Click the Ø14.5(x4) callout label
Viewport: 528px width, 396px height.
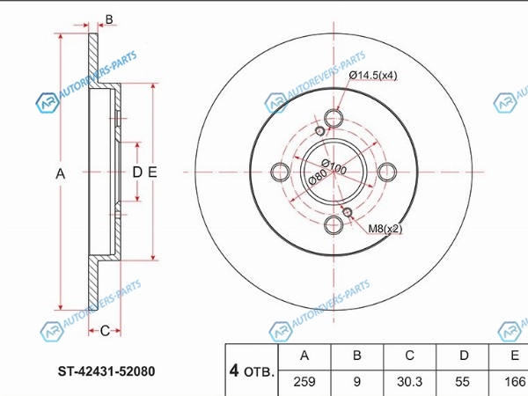(x=373, y=75)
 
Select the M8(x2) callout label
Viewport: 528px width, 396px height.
(x=385, y=229)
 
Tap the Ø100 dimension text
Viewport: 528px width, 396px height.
(x=334, y=166)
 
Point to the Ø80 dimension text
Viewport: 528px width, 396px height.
(x=317, y=177)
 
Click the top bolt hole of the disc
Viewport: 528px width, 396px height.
(x=334, y=118)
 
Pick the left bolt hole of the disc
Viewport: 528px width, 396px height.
(x=280, y=172)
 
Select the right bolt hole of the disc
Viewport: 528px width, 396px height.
(x=387, y=172)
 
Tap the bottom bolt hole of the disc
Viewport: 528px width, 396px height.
(x=334, y=225)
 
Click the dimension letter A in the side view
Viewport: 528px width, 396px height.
(x=60, y=174)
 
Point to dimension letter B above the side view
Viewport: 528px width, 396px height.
(x=109, y=19)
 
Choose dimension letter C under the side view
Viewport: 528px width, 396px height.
(x=105, y=331)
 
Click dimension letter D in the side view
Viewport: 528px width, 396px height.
(x=137, y=172)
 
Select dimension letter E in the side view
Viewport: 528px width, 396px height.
(x=152, y=172)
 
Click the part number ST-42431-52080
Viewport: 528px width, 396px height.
(x=106, y=371)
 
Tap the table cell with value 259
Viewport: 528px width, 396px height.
(x=304, y=382)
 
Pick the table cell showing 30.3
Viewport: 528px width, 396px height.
(x=409, y=382)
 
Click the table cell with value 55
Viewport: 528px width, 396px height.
(x=462, y=382)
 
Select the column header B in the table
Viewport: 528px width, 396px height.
(x=357, y=356)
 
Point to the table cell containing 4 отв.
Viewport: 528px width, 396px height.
(x=252, y=370)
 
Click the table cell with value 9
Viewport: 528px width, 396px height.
(x=357, y=382)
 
